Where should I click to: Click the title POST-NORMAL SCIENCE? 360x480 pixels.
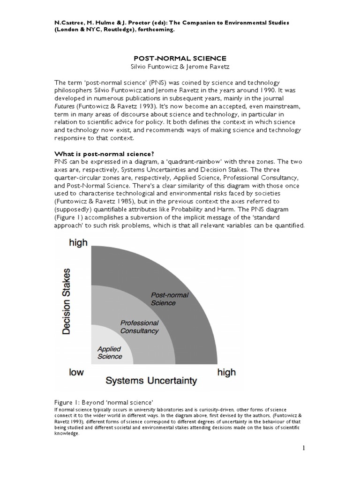(180, 58)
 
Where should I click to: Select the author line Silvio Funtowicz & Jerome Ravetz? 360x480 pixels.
(180, 67)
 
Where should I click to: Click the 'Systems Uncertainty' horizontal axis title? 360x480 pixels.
(150, 381)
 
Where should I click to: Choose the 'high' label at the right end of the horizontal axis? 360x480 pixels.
(226, 372)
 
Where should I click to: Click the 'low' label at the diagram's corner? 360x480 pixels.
(76, 372)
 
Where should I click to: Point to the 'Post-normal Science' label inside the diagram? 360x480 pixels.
(163, 299)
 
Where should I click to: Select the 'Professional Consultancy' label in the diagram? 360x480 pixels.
(139, 327)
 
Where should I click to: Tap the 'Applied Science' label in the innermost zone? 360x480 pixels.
(109, 352)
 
